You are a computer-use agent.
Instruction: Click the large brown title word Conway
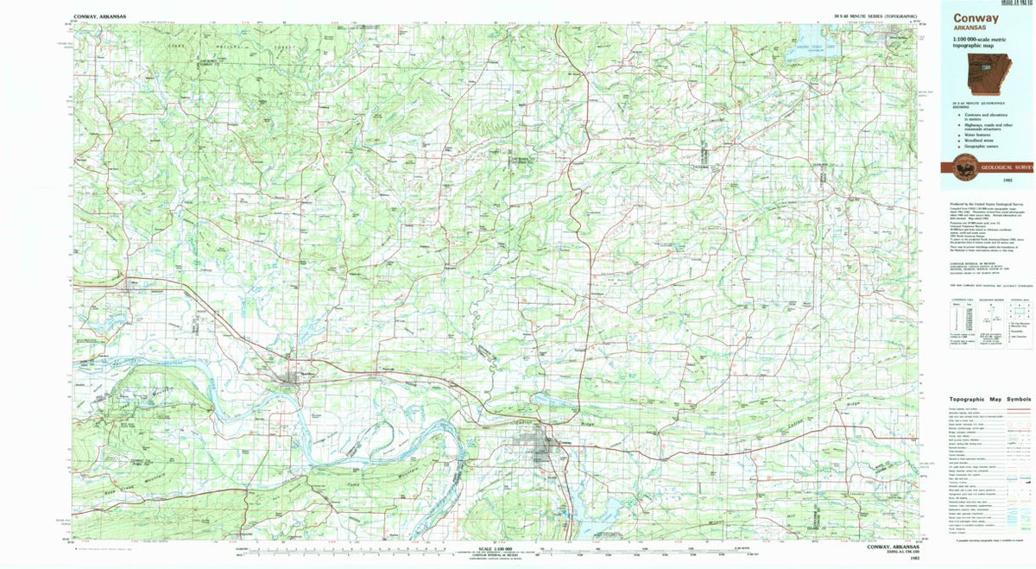click(976, 17)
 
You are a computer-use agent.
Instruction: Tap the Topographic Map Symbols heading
click(983, 400)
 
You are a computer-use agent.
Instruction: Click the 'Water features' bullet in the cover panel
click(976, 135)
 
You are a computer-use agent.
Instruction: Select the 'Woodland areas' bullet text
click(976, 141)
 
